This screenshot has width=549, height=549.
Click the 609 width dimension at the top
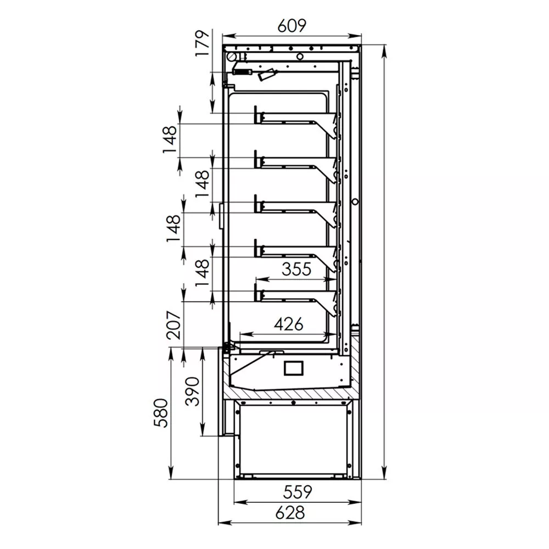[292, 26]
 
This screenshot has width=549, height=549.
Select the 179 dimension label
[203, 43]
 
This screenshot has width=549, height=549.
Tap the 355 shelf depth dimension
[296, 269]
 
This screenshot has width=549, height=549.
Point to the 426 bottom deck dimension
[289, 324]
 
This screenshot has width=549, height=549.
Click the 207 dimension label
[174, 324]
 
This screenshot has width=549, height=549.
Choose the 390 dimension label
[192, 391]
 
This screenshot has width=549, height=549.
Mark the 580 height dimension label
[161, 413]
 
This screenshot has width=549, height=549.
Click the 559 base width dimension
[297, 492]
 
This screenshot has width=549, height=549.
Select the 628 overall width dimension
[290, 513]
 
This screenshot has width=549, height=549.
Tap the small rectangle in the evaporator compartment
[293, 368]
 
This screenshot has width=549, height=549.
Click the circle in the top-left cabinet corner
[231, 57]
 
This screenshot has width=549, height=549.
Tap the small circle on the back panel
[355, 202]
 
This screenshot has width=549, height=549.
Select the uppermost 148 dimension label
[170, 139]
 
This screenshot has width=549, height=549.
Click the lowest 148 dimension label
[203, 273]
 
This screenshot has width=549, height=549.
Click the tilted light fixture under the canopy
[267, 75]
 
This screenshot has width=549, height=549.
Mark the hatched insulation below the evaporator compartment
[290, 393]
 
